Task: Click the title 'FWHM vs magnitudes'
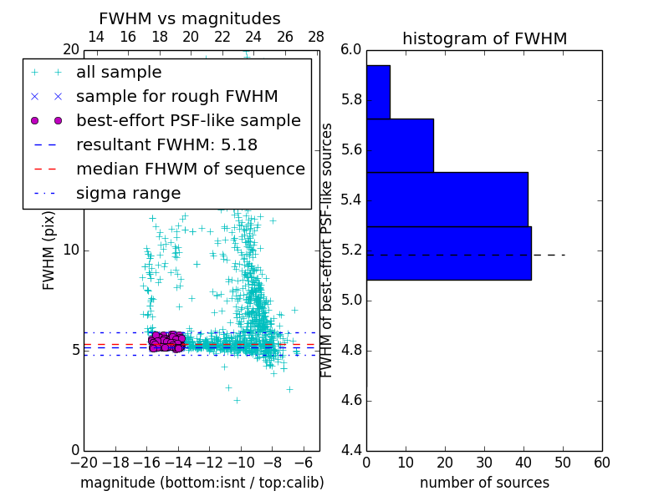click(x=190, y=19)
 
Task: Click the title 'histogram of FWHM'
click(x=484, y=39)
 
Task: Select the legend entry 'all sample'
click(x=119, y=73)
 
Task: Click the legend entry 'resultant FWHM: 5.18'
click(x=166, y=145)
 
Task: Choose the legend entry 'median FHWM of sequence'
click(x=190, y=170)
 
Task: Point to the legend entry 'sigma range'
click(x=128, y=194)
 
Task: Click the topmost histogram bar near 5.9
click(x=378, y=92)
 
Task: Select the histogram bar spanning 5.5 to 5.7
click(x=400, y=145)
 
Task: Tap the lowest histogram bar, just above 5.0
click(x=448, y=253)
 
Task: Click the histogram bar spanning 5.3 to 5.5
click(x=447, y=200)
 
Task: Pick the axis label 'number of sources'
click(x=484, y=483)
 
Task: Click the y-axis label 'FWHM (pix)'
click(x=49, y=250)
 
